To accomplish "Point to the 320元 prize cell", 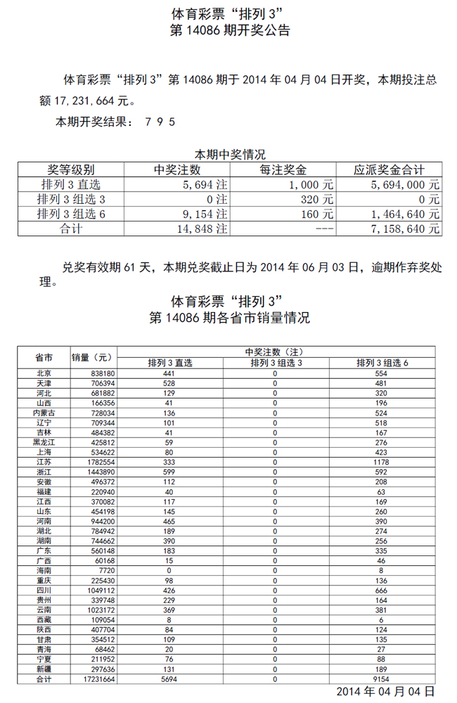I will pyautogui.click(x=316, y=199).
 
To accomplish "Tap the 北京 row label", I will pyautogui.click(x=44, y=374).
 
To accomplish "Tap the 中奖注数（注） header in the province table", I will pyautogui.click(x=274, y=351).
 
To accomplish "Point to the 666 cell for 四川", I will pyautogui.click(x=382, y=591).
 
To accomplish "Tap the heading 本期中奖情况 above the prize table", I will pyautogui.click(x=229, y=154).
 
